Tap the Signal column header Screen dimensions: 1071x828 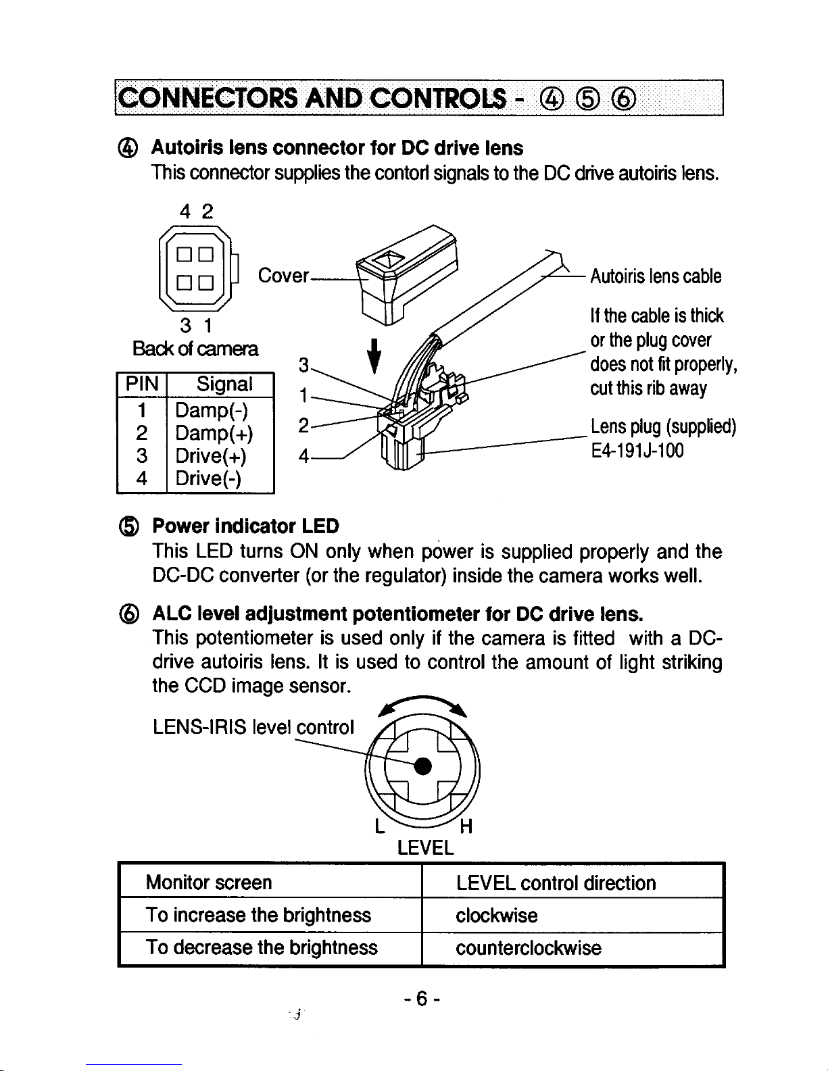click(224, 384)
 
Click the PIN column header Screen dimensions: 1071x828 click(141, 384)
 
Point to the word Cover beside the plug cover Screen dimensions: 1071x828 click(283, 276)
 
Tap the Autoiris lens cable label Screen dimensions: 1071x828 click(656, 276)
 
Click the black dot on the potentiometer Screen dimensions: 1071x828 click(422, 766)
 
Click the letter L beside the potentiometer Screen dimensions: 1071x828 click(379, 826)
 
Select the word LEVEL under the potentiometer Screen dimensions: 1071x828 click(424, 847)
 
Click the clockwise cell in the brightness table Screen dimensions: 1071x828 click(496, 916)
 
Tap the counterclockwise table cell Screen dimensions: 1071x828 click(528, 947)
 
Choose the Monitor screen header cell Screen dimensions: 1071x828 click(209, 882)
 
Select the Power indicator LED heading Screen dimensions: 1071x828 click(245, 526)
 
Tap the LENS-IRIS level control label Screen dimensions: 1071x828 click(253, 727)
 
